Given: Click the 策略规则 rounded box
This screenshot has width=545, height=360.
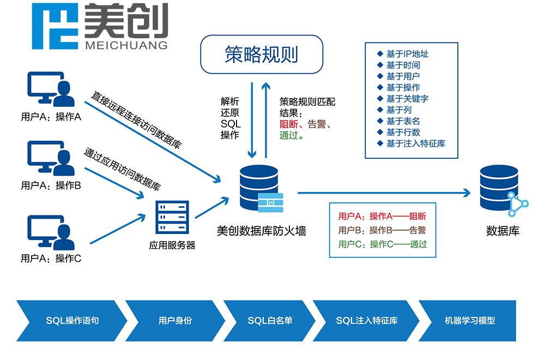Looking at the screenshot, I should point(262,55).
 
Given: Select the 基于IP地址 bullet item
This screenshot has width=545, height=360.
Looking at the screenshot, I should point(407,54).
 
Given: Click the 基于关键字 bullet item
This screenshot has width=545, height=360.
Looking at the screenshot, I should point(407,99).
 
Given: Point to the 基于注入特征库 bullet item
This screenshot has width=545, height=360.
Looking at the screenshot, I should point(415,143).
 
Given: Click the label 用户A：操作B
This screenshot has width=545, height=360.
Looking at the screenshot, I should point(51,186).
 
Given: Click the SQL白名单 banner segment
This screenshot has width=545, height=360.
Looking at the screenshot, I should point(270,321).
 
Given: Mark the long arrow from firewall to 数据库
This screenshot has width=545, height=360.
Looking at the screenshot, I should point(381,193).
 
